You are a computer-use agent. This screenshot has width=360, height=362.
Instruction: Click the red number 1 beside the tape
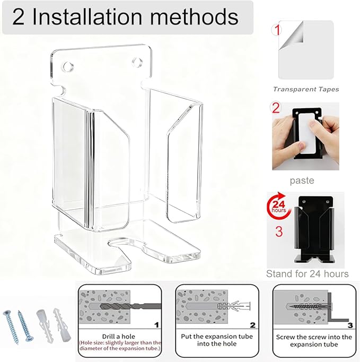pyautogui.click(x=277, y=30)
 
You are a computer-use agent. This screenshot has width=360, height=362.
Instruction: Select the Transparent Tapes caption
pyautogui.click(x=306, y=89)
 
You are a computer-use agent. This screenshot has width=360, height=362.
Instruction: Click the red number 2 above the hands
pyautogui.click(x=276, y=108)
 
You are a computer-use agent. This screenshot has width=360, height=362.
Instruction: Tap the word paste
pyautogui.click(x=302, y=180)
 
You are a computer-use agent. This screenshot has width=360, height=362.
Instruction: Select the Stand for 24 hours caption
pyautogui.click(x=307, y=274)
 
